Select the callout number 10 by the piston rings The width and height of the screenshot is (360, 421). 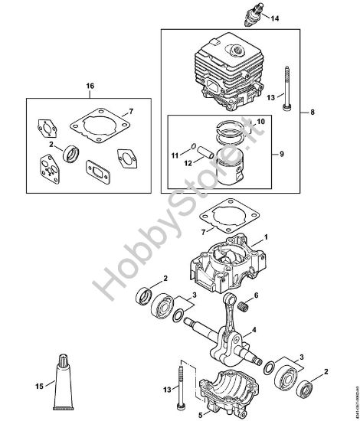(260, 122)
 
